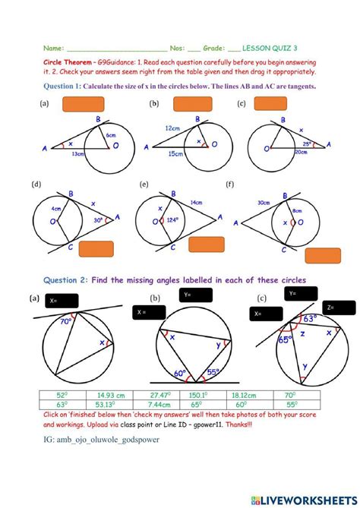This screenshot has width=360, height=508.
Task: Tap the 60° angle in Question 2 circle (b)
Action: pyautogui.click(x=180, y=374)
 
